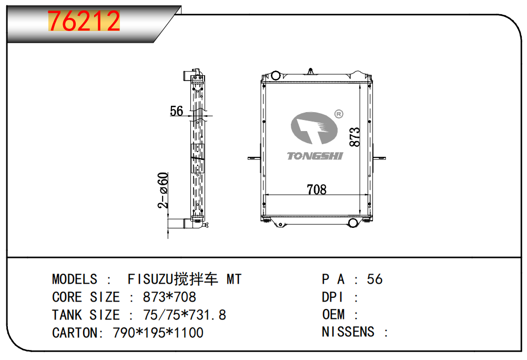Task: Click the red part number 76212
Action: (84, 21)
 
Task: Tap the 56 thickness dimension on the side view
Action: (176, 111)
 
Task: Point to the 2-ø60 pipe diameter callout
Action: (163, 191)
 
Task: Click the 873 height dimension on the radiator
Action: (354, 137)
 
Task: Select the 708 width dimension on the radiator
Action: (317, 189)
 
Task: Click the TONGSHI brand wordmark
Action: (315, 156)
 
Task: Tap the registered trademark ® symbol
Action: (339, 114)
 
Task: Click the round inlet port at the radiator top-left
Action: (276, 75)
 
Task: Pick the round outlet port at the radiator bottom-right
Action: (353, 223)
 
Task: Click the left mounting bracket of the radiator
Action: (254, 158)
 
